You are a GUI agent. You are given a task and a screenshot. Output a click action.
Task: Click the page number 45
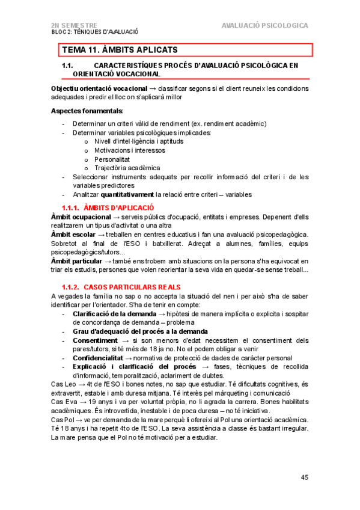pos(304,478)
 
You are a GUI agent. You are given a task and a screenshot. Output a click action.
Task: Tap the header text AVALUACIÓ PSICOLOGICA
pos(264,26)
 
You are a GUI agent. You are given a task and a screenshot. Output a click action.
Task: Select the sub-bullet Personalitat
pos(112,159)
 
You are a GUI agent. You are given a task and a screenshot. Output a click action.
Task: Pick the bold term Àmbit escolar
pos(73,234)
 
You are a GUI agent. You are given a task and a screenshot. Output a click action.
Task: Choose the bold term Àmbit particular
pos(78,260)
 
